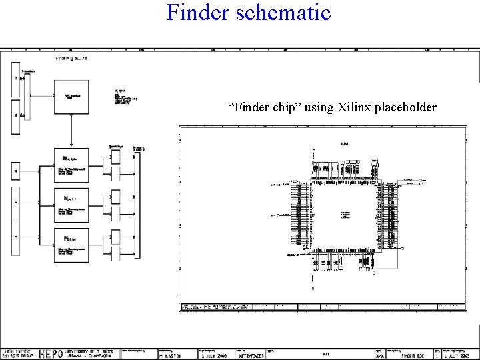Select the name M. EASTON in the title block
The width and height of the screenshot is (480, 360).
click(x=173, y=356)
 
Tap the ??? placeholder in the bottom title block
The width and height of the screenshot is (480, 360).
click(x=325, y=355)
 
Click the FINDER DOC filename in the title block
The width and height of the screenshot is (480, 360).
click(x=406, y=356)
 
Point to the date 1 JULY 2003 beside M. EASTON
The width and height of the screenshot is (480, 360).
click(x=213, y=356)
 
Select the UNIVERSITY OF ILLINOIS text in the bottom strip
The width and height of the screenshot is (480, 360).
click(x=91, y=351)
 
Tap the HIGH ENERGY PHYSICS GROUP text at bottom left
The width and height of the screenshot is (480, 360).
click(x=18, y=354)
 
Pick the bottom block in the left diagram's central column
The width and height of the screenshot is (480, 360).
click(x=71, y=243)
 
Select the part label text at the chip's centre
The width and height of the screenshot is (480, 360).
click(x=345, y=215)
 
